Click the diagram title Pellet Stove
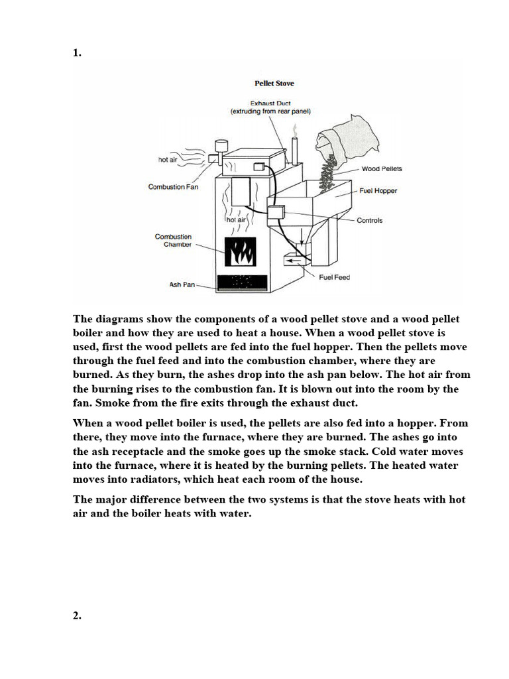274,84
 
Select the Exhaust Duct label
270,104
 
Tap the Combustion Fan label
173,187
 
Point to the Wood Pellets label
382,168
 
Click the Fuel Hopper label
378,191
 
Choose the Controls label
369,220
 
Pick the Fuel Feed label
334,277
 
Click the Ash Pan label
182,285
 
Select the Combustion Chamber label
173,241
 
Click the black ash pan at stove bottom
243,282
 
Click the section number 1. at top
77,54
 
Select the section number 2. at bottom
77,615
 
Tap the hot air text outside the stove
168,160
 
